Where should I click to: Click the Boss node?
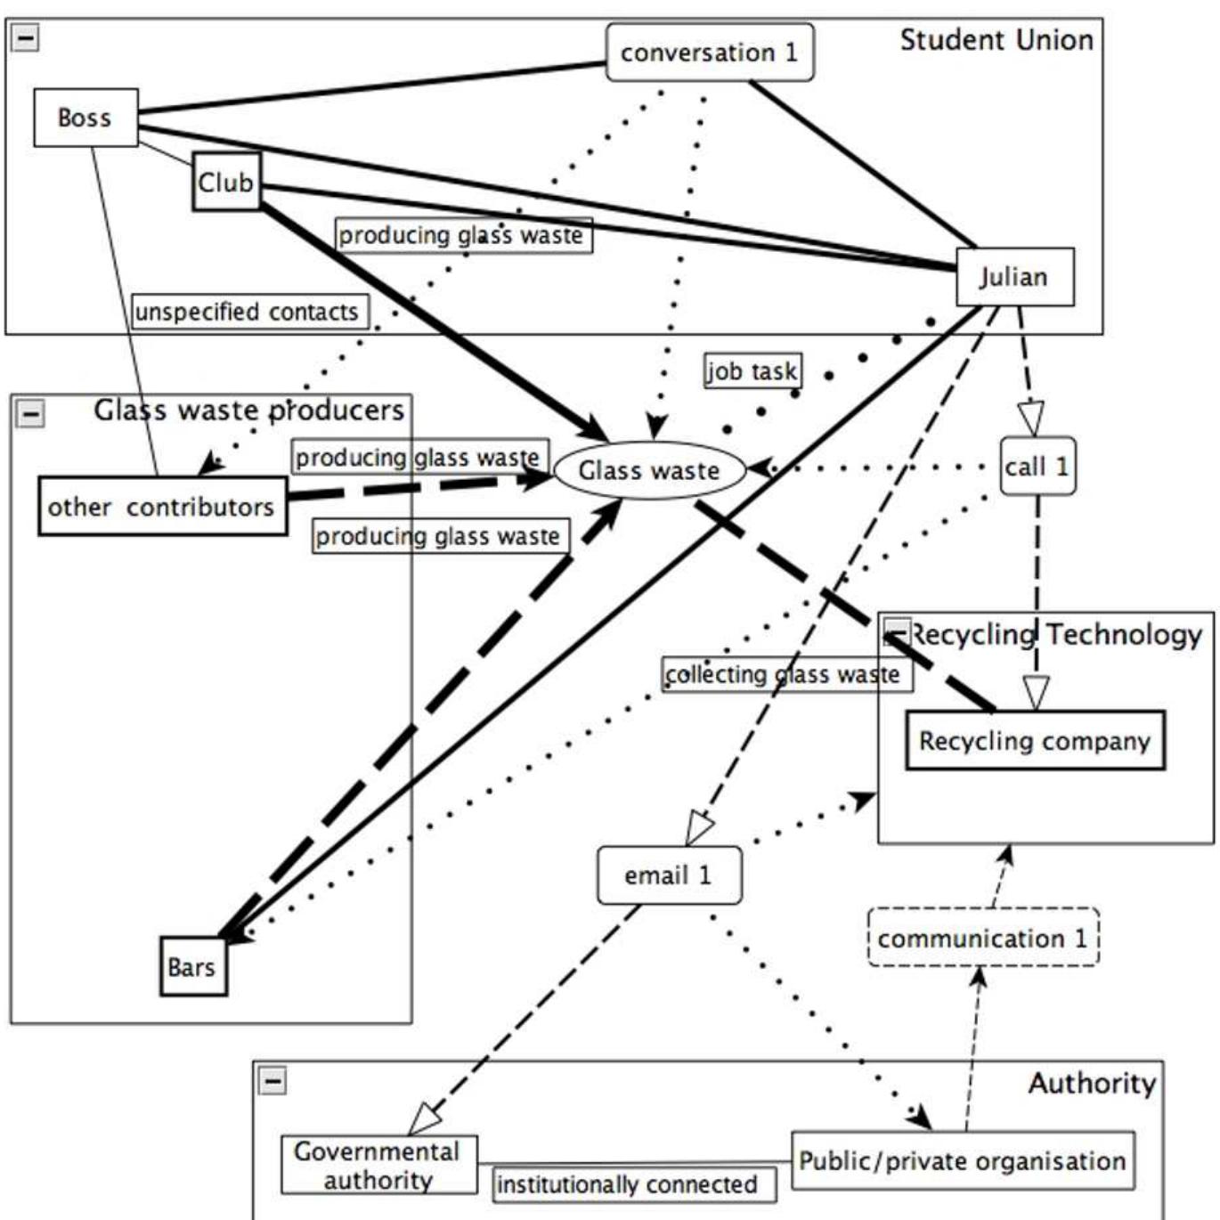(x=85, y=118)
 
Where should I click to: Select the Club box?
(x=226, y=182)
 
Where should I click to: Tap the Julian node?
(x=1014, y=277)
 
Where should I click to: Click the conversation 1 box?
(x=709, y=53)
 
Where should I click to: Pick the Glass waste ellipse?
(x=649, y=470)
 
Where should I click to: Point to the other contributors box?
(x=162, y=507)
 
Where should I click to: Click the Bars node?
(x=192, y=967)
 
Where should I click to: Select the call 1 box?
(x=1037, y=467)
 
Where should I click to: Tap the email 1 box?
(x=669, y=875)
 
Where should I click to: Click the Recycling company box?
(x=1035, y=741)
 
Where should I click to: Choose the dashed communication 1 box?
(x=983, y=938)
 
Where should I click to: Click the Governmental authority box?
(x=378, y=1165)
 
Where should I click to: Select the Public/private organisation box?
(x=962, y=1160)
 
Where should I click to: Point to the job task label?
(x=752, y=370)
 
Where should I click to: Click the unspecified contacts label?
(x=248, y=312)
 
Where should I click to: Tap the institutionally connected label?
(x=628, y=1184)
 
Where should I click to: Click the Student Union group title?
(x=996, y=40)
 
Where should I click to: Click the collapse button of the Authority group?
(x=272, y=1080)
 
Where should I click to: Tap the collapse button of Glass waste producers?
(x=30, y=413)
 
